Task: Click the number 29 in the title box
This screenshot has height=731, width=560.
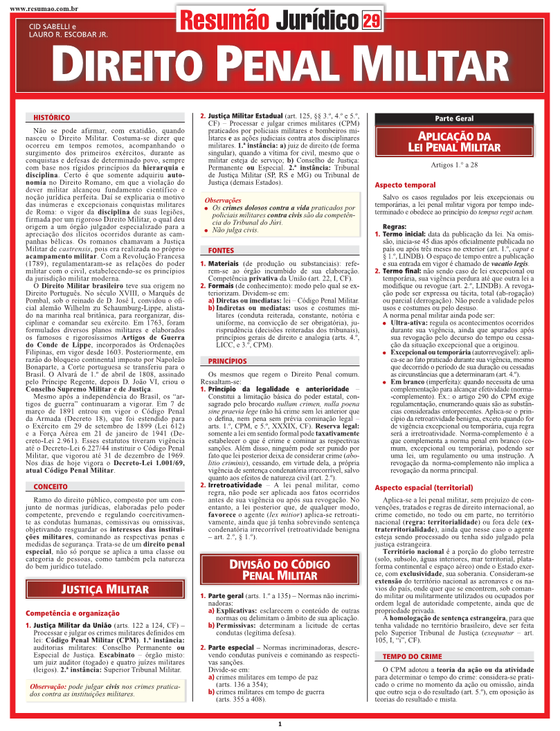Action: (371, 21)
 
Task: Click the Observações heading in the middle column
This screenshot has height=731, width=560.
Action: (223, 200)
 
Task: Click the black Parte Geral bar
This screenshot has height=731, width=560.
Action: (454, 119)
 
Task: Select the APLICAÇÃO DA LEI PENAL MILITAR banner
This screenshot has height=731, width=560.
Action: (454, 142)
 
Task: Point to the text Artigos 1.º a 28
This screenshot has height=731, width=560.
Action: (454, 165)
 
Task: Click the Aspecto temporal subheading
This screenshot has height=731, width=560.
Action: (405, 186)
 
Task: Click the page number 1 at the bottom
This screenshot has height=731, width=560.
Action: (280, 723)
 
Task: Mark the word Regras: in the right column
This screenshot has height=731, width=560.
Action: (394, 227)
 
